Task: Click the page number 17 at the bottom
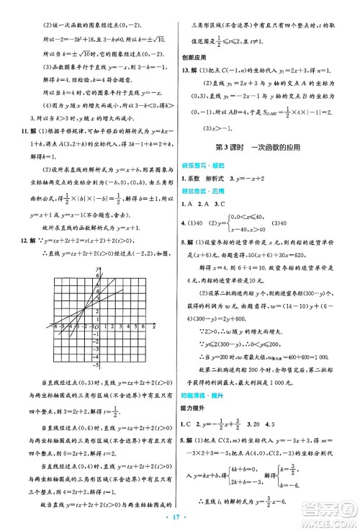coord(179,518)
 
